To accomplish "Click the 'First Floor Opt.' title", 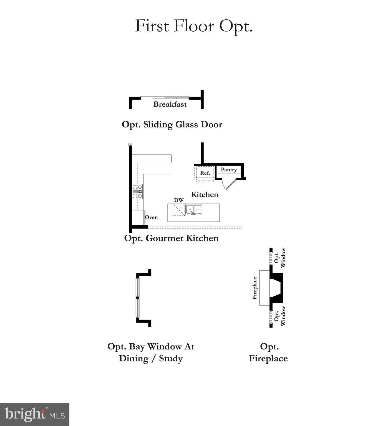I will click(193, 26).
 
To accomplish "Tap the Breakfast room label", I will click(170, 105).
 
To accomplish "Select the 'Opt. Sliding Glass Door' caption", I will click(172, 125).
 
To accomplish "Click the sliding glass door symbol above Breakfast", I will click(165, 97).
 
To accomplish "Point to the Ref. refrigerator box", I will click(205, 173).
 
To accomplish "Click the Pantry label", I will click(229, 170).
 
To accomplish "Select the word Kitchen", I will click(205, 195).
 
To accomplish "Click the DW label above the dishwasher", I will click(179, 200).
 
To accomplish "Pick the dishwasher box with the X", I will click(179, 210).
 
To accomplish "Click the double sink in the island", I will click(194, 210).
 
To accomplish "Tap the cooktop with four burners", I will click(137, 192).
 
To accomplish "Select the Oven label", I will click(152, 217).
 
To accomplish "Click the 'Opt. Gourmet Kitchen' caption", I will click(171, 238).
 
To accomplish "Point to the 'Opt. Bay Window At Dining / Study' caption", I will click(151, 353).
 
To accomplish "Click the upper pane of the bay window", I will click(137, 287).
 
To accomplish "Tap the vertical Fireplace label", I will click(255, 288).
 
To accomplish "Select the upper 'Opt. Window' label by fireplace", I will click(280, 258).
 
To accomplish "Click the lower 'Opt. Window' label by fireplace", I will click(280, 316).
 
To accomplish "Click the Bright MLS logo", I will click(35, 415).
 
